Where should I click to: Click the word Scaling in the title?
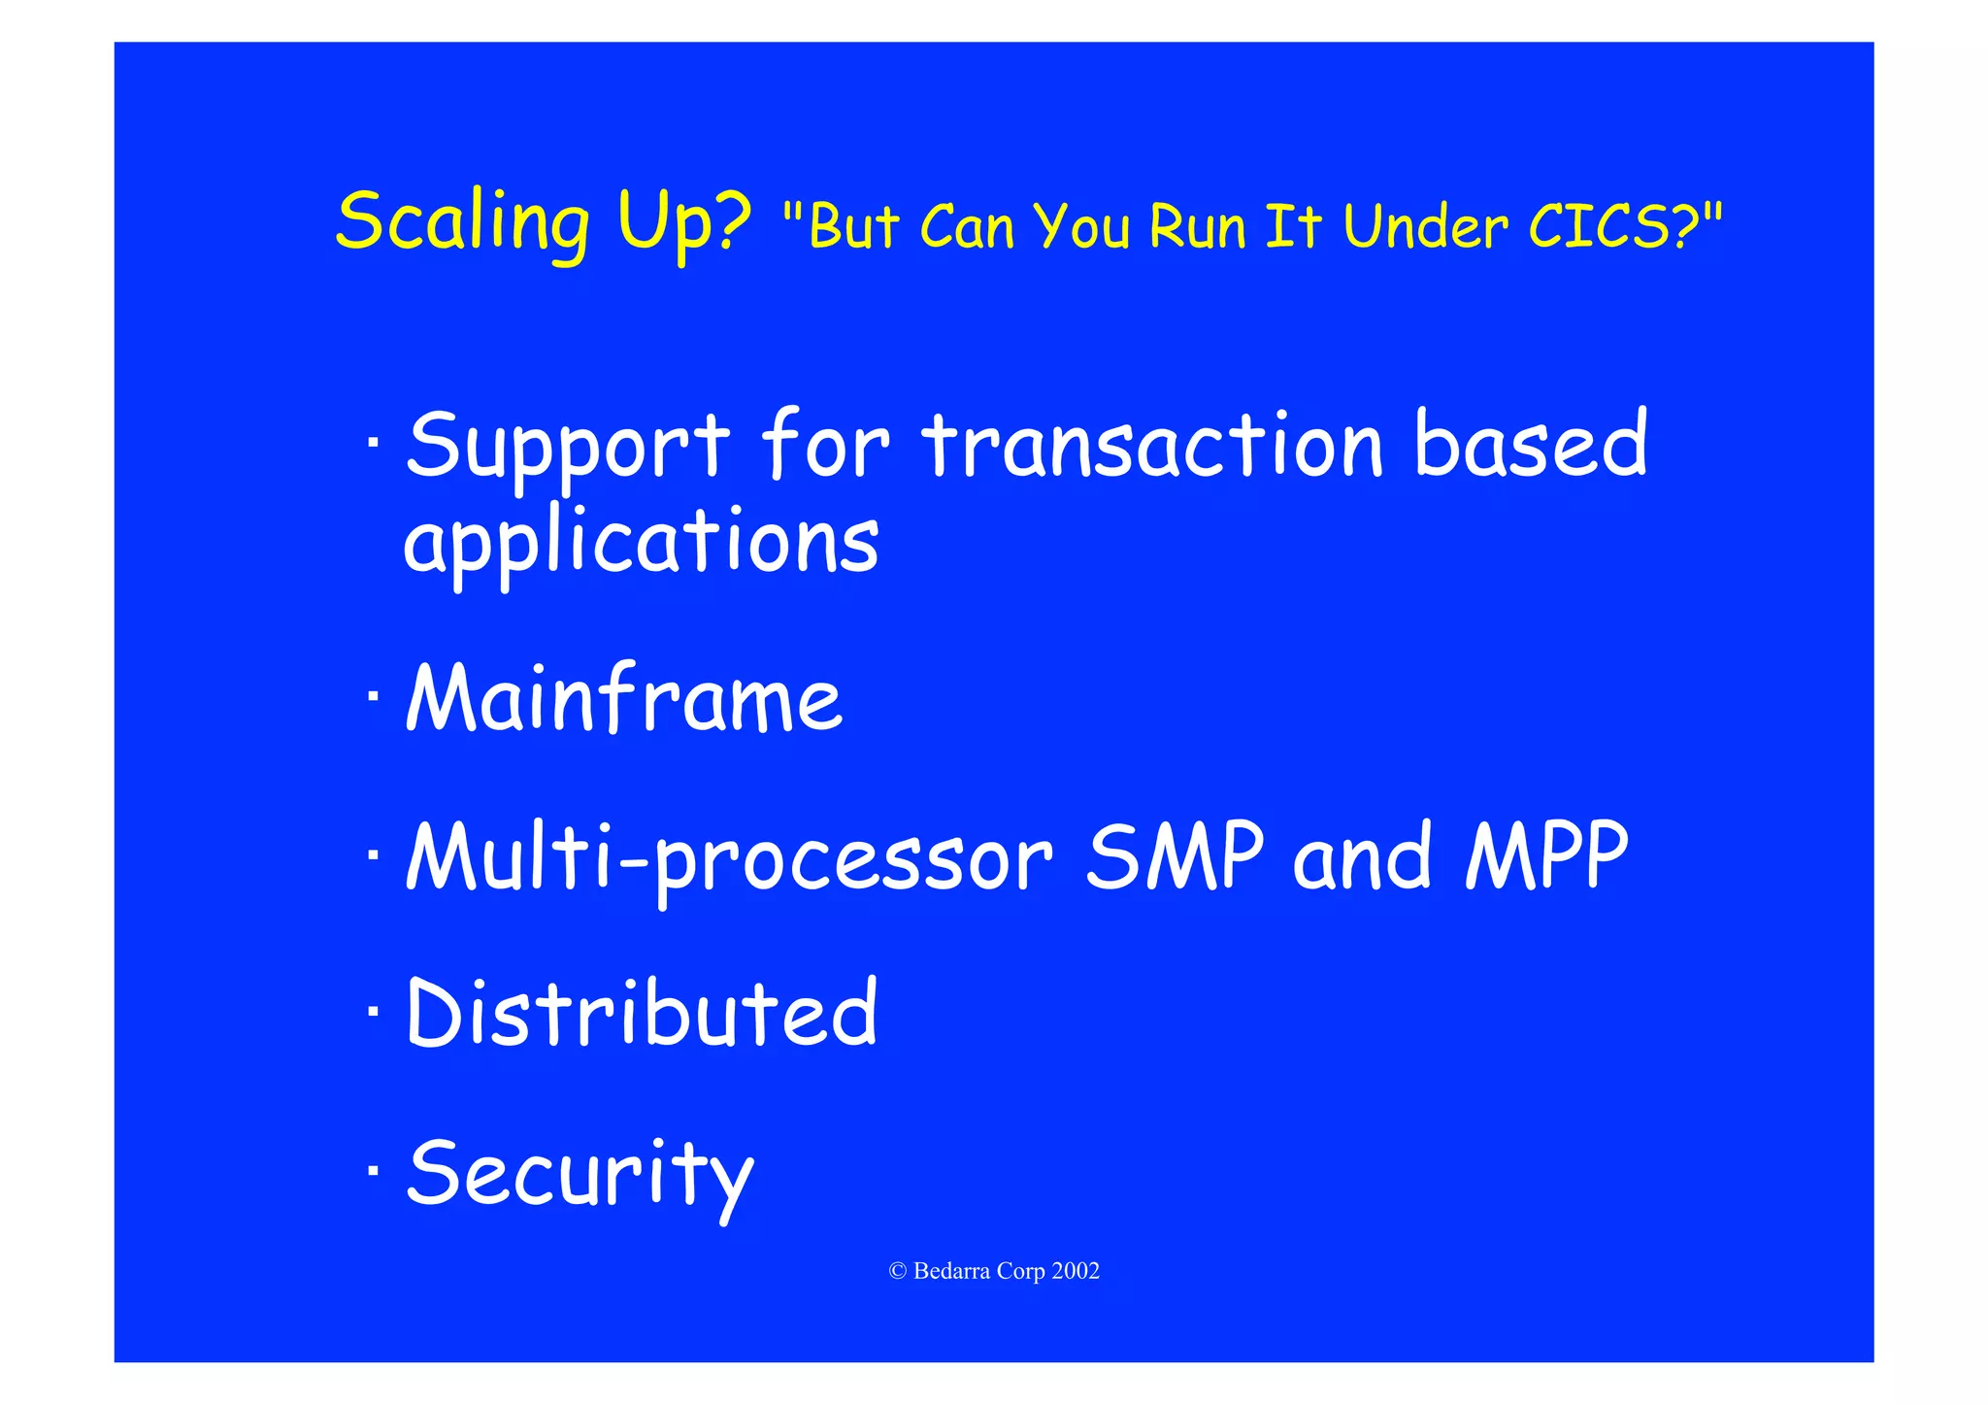462,223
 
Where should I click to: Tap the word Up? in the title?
684,223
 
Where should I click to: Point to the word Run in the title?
1197,226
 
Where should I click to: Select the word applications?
641,542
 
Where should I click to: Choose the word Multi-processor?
729,856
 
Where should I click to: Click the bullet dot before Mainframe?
374,697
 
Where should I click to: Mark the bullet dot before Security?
374,1172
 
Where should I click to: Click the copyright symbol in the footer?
897,1271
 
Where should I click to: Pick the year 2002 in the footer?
1076,1271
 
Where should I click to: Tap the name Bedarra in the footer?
951,1271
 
